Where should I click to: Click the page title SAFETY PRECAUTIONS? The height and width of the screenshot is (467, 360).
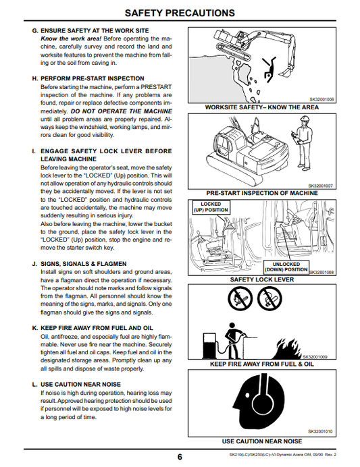point(180,12)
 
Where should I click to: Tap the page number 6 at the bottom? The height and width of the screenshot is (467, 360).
point(180,457)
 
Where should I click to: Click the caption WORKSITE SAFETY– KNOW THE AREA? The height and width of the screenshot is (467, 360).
point(261,107)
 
